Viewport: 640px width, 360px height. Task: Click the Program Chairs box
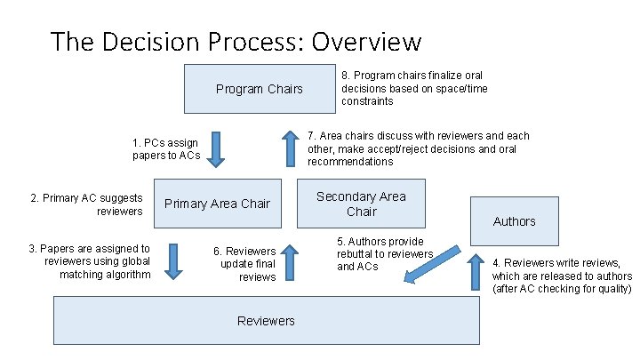(x=259, y=89)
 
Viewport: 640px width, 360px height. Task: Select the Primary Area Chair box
(x=218, y=204)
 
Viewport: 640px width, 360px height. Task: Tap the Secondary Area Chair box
(x=361, y=204)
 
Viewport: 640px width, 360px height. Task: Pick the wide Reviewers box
(x=266, y=321)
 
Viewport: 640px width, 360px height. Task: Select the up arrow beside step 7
(x=291, y=148)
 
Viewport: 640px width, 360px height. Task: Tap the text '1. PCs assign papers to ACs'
(x=166, y=149)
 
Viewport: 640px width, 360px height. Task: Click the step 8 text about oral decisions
(x=414, y=89)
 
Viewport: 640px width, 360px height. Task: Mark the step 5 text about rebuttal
(x=384, y=253)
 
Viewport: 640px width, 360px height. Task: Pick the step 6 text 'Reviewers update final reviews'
(x=244, y=264)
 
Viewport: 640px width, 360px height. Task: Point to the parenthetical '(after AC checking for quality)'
(x=562, y=288)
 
